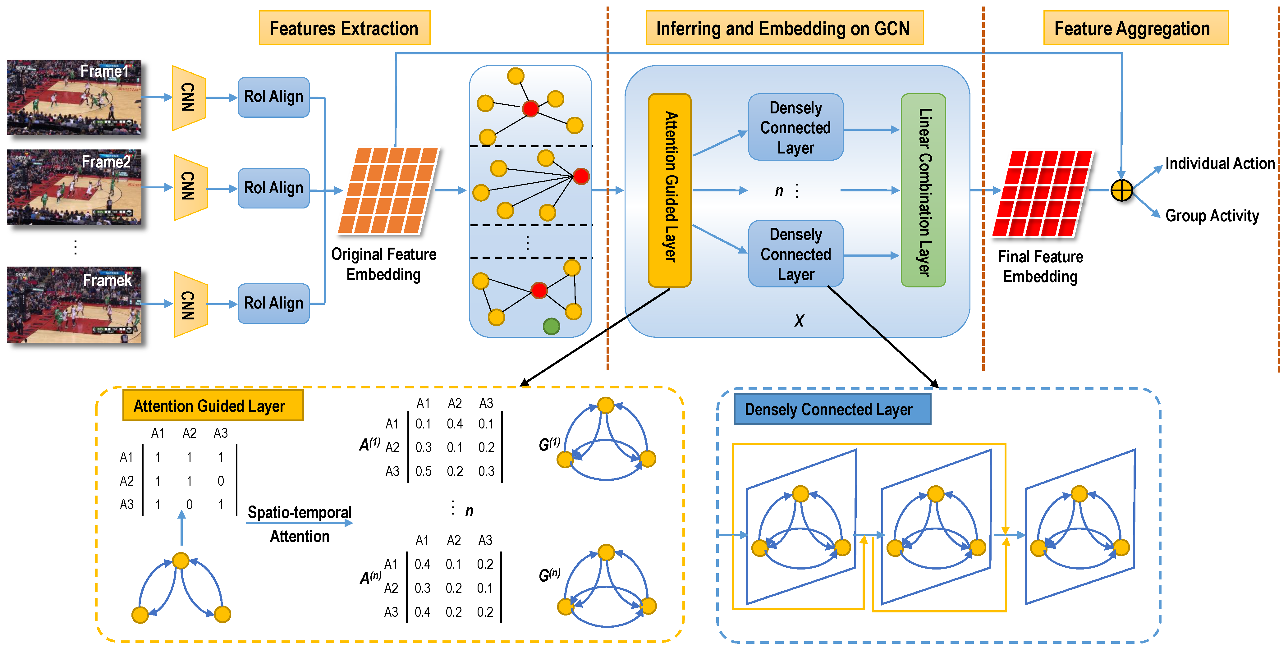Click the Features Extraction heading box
(344, 28)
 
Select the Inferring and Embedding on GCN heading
(783, 28)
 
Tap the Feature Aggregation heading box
(1135, 28)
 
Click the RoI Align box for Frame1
(273, 97)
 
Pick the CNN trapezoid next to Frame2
(189, 187)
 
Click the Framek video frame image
(74, 304)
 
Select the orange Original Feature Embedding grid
(387, 190)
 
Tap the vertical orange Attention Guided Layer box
(670, 190)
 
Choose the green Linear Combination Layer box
(923, 190)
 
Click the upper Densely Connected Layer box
(795, 127)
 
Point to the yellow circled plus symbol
(1121, 190)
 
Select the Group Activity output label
(1212, 216)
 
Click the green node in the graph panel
(551, 327)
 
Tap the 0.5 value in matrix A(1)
(424, 471)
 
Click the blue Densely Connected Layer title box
(832, 409)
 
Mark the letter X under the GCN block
(799, 321)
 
